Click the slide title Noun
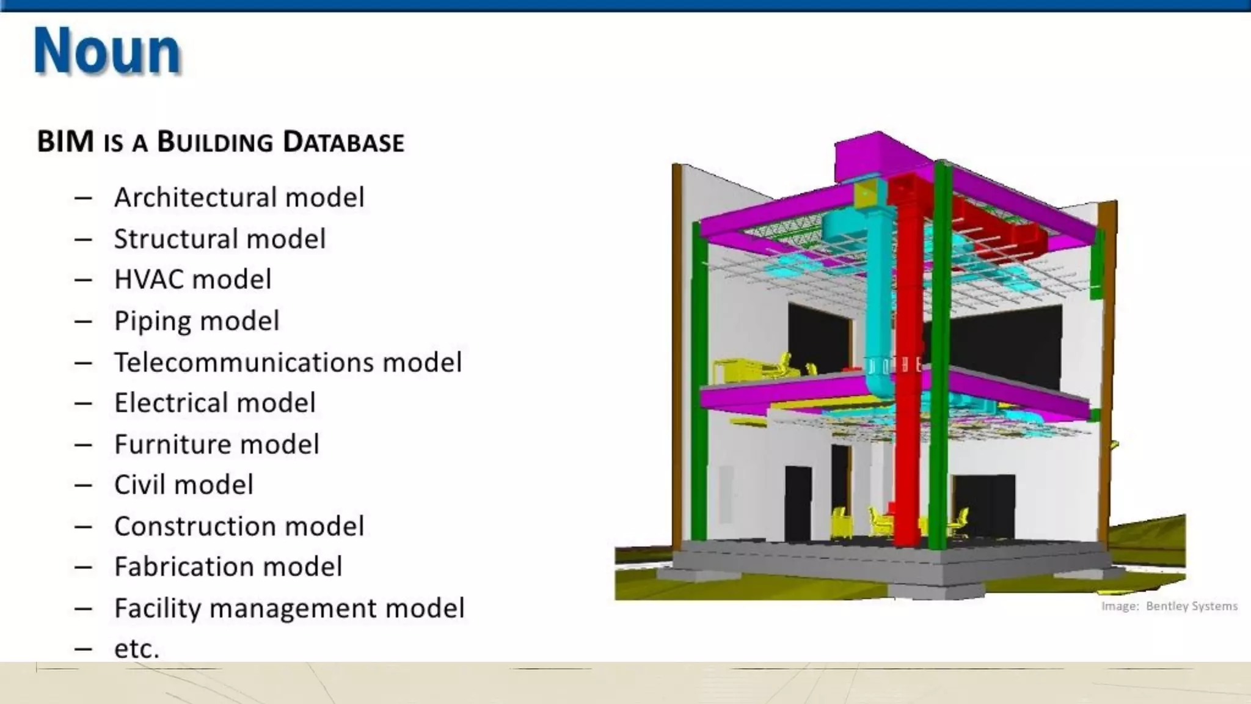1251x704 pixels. [108, 51]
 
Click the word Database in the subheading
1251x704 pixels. [343, 142]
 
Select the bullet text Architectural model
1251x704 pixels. [239, 197]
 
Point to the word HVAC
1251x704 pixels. [150, 280]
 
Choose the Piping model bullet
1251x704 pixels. [197, 321]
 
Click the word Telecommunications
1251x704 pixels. [244, 362]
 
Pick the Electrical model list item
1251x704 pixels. [214, 403]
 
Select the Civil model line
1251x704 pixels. [183, 485]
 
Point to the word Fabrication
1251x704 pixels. [180, 567]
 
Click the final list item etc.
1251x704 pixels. [137, 649]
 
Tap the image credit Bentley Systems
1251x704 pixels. [1191, 606]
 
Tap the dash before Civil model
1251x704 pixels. [83, 485]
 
